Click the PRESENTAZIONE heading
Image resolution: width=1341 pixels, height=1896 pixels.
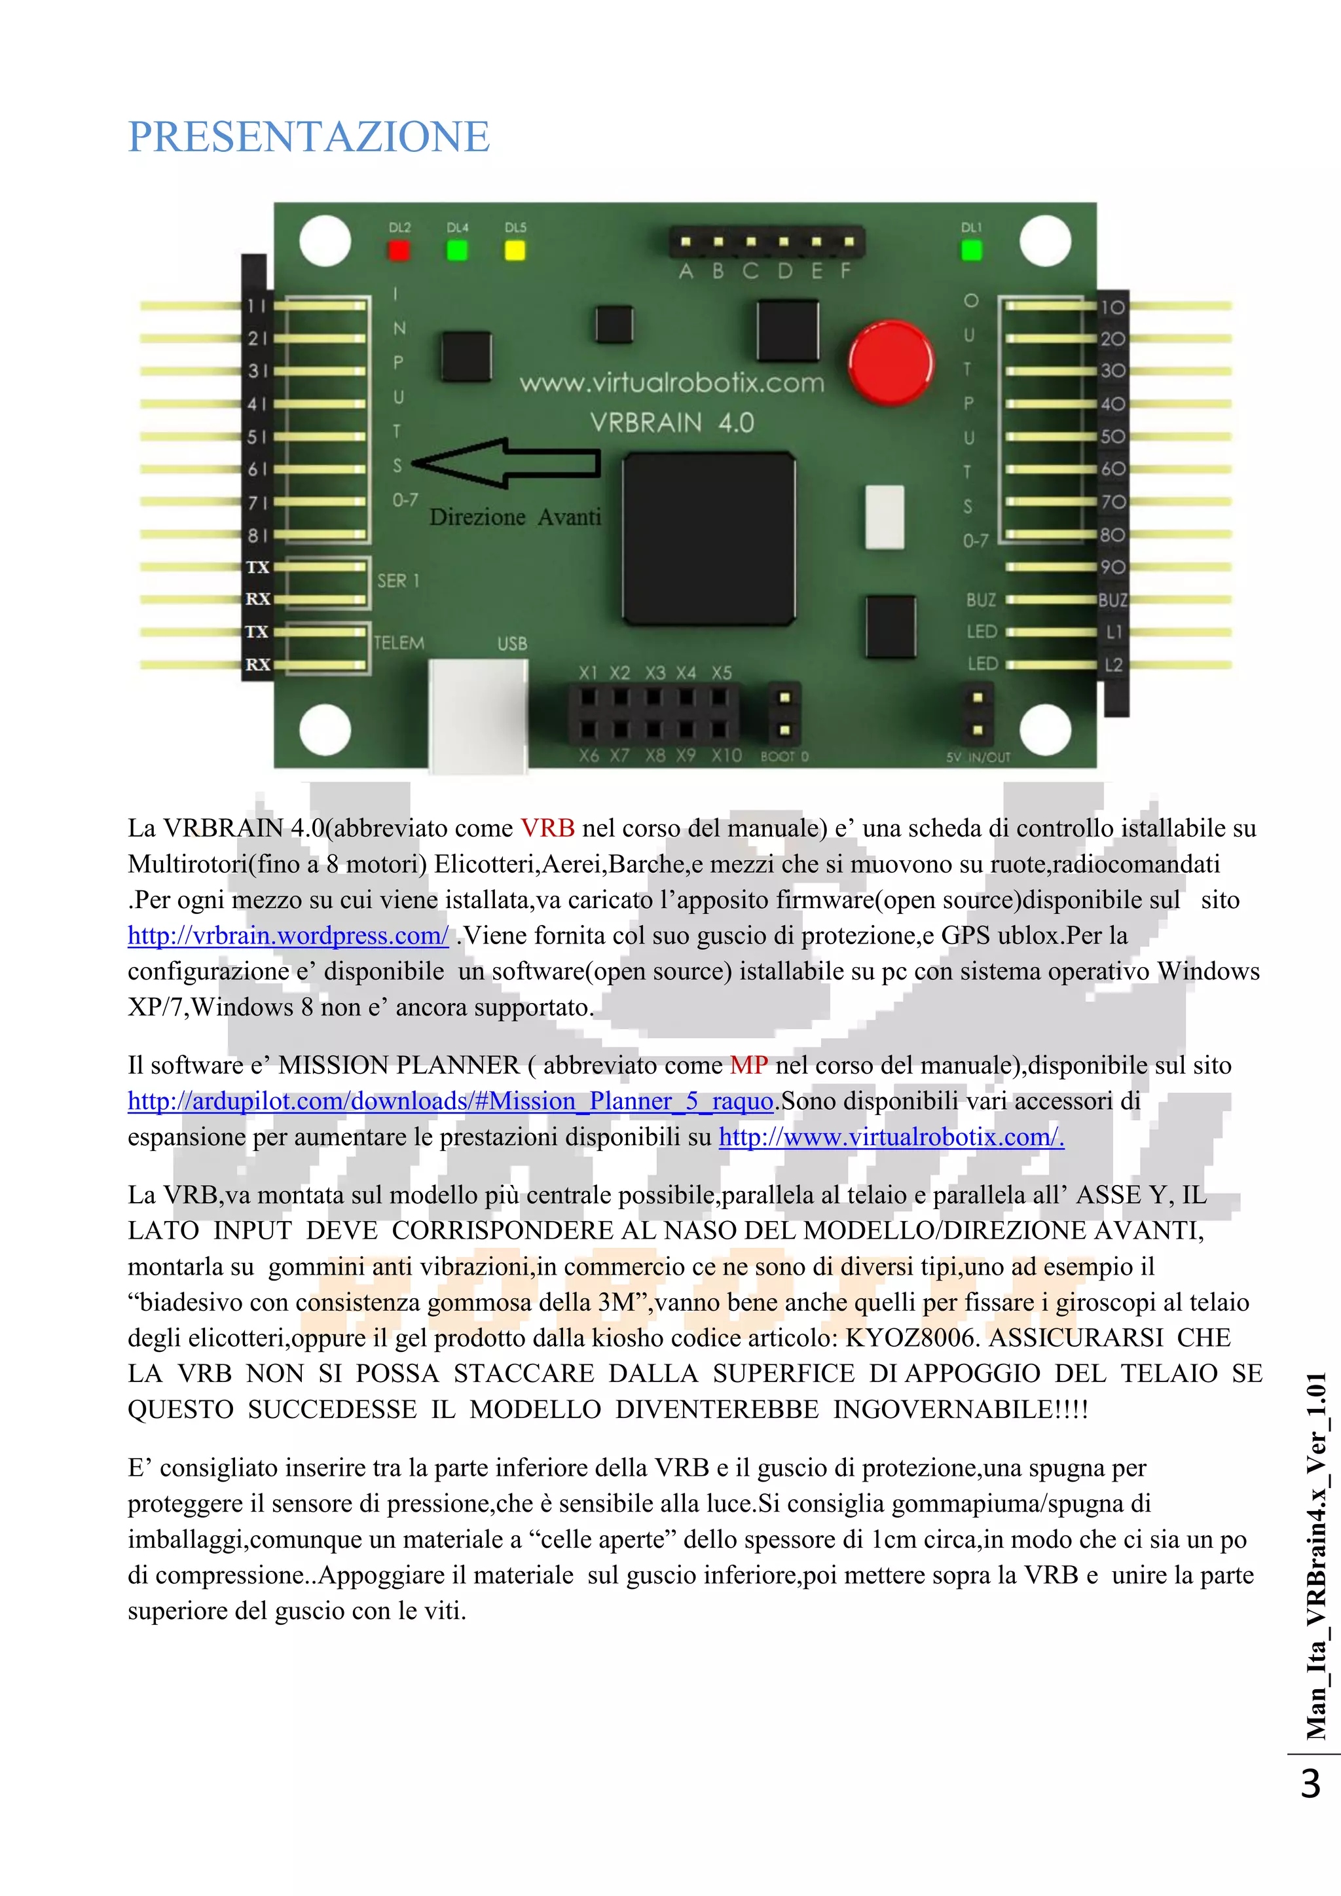click(309, 137)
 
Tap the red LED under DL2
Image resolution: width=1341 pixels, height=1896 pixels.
click(399, 250)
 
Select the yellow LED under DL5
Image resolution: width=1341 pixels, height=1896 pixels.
click(515, 250)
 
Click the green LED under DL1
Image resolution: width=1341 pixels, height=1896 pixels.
click(971, 250)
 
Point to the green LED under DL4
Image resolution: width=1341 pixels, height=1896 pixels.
click(456, 250)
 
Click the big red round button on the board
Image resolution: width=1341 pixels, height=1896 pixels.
click(891, 363)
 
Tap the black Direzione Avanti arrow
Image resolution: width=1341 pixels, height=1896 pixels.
click(505, 464)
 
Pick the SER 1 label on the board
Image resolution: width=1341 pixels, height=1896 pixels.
click(398, 581)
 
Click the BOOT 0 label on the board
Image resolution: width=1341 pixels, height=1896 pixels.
click(784, 756)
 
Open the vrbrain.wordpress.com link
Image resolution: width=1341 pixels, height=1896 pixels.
click(288, 936)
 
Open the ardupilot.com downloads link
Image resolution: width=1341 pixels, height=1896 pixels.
click(451, 1101)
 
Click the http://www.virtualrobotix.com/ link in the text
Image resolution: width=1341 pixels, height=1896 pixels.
click(891, 1137)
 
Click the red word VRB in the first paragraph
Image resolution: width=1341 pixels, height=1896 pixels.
click(547, 828)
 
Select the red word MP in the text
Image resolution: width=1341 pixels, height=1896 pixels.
click(749, 1065)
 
